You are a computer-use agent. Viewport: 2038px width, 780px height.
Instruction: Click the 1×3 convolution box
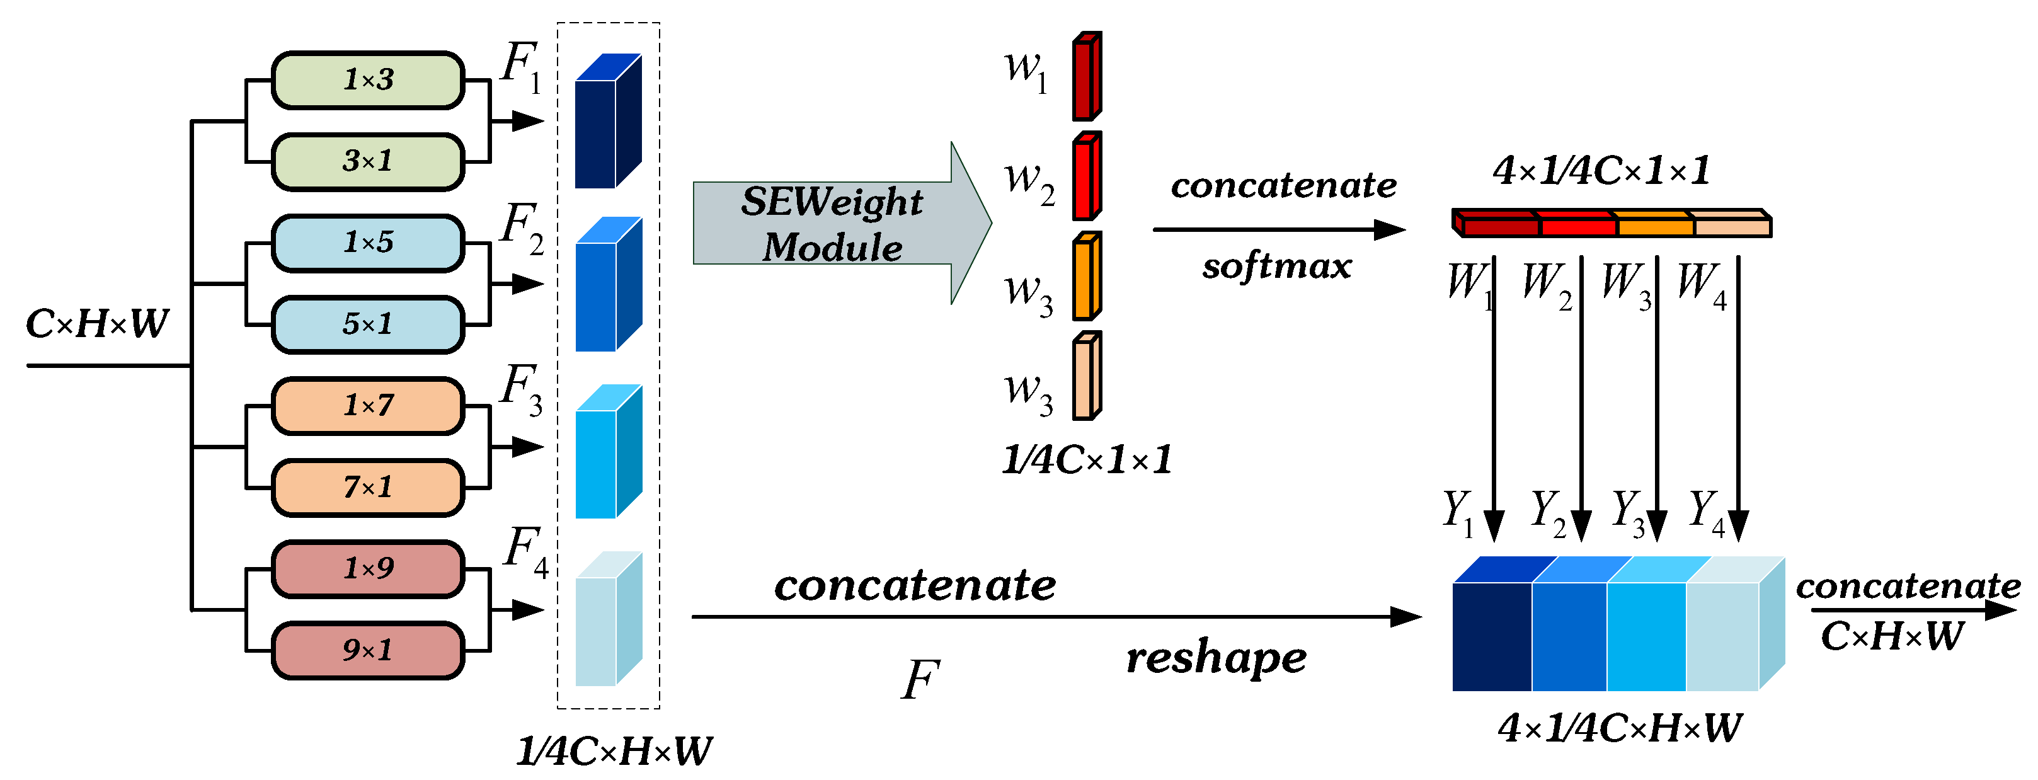368,80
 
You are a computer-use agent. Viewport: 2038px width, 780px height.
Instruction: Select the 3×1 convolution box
368,161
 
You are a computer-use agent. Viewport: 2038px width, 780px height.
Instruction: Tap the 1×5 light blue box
368,243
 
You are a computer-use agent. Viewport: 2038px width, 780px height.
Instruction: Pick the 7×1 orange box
368,487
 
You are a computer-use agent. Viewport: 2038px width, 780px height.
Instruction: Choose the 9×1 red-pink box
368,650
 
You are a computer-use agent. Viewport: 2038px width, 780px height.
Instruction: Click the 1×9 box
368,568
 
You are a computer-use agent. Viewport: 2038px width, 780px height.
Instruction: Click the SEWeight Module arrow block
831,224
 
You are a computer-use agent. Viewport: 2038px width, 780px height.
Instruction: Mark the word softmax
1276,267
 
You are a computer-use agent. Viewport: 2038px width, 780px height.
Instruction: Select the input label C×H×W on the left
96,324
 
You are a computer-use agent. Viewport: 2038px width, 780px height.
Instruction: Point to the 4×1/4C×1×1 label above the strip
1601,171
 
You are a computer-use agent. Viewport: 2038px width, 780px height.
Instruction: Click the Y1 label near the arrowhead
1458,513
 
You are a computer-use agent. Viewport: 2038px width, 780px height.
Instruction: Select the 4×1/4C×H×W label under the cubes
1620,728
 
